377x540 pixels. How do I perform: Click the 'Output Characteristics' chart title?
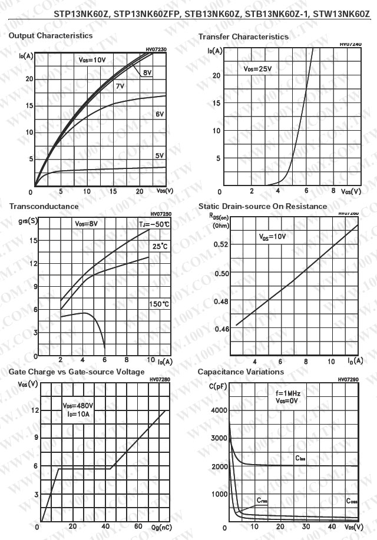(x=51, y=36)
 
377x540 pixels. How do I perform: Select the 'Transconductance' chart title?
(x=44, y=207)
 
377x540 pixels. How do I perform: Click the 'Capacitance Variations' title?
(x=240, y=372)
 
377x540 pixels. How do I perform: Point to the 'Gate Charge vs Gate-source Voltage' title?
(x=77, y=372)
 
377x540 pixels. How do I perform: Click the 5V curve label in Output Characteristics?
(x=160, y=155)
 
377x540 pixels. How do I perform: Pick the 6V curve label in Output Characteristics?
(x=160, y=114)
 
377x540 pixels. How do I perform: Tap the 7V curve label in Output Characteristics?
(x=120, y=87)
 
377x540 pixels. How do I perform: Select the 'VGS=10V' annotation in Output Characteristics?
(x=92, y=60)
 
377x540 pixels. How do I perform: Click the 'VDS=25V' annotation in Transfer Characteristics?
(x=258, y=69)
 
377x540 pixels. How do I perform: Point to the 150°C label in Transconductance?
(x=158, y=304)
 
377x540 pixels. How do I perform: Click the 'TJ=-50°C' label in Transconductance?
(x=154, y=224)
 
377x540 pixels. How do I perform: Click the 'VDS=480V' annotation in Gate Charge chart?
(x=78, y=406)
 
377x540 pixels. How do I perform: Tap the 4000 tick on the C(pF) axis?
(x=219, y=410)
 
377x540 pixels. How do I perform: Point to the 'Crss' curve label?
(x=262, y=500)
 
